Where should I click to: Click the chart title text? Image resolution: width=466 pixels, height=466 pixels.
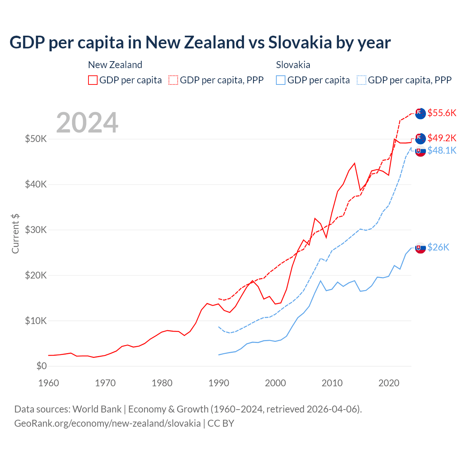click(x=200, y=43)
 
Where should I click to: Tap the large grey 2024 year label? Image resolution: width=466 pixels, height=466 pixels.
click(x=87, y=123)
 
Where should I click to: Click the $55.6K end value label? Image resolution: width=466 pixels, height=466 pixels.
click(x=442, y=113)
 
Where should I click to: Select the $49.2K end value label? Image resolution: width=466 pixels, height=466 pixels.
click(x=442, y=138)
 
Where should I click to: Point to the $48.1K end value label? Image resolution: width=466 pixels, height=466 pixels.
click(x=442, y=150)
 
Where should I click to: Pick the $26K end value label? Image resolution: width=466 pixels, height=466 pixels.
click(x=438, y=247)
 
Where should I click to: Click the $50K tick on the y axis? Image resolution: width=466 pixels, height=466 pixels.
click(x=36, y=139)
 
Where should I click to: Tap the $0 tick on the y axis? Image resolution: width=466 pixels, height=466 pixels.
click(x=42, y=366)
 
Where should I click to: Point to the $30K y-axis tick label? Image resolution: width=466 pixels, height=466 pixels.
click(x=36, y=230)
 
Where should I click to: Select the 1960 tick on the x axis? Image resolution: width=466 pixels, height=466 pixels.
click(x=48, y=383)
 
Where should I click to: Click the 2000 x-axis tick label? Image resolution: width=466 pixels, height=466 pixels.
click(x=276, y=383)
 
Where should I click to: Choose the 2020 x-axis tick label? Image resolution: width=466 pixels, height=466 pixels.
click(x=389, y=383)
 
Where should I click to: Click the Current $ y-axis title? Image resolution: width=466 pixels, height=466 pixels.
click(x=15, y=234)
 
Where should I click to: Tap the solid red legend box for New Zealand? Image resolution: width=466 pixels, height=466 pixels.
click(x=93, y=80)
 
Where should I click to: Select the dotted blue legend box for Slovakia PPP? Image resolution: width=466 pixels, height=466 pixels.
click(x=362, y=80)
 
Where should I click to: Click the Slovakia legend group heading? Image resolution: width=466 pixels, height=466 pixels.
click(x=293, y=65)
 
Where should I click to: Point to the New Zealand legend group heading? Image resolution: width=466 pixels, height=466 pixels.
click(x=115, y=65)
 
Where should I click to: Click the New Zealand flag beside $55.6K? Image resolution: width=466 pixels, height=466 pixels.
click(x=420, y=114)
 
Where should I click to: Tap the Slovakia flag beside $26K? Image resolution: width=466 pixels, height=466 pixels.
click(x=420, y=248)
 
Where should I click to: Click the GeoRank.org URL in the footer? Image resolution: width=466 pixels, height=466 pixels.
click(x=107, y=423)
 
